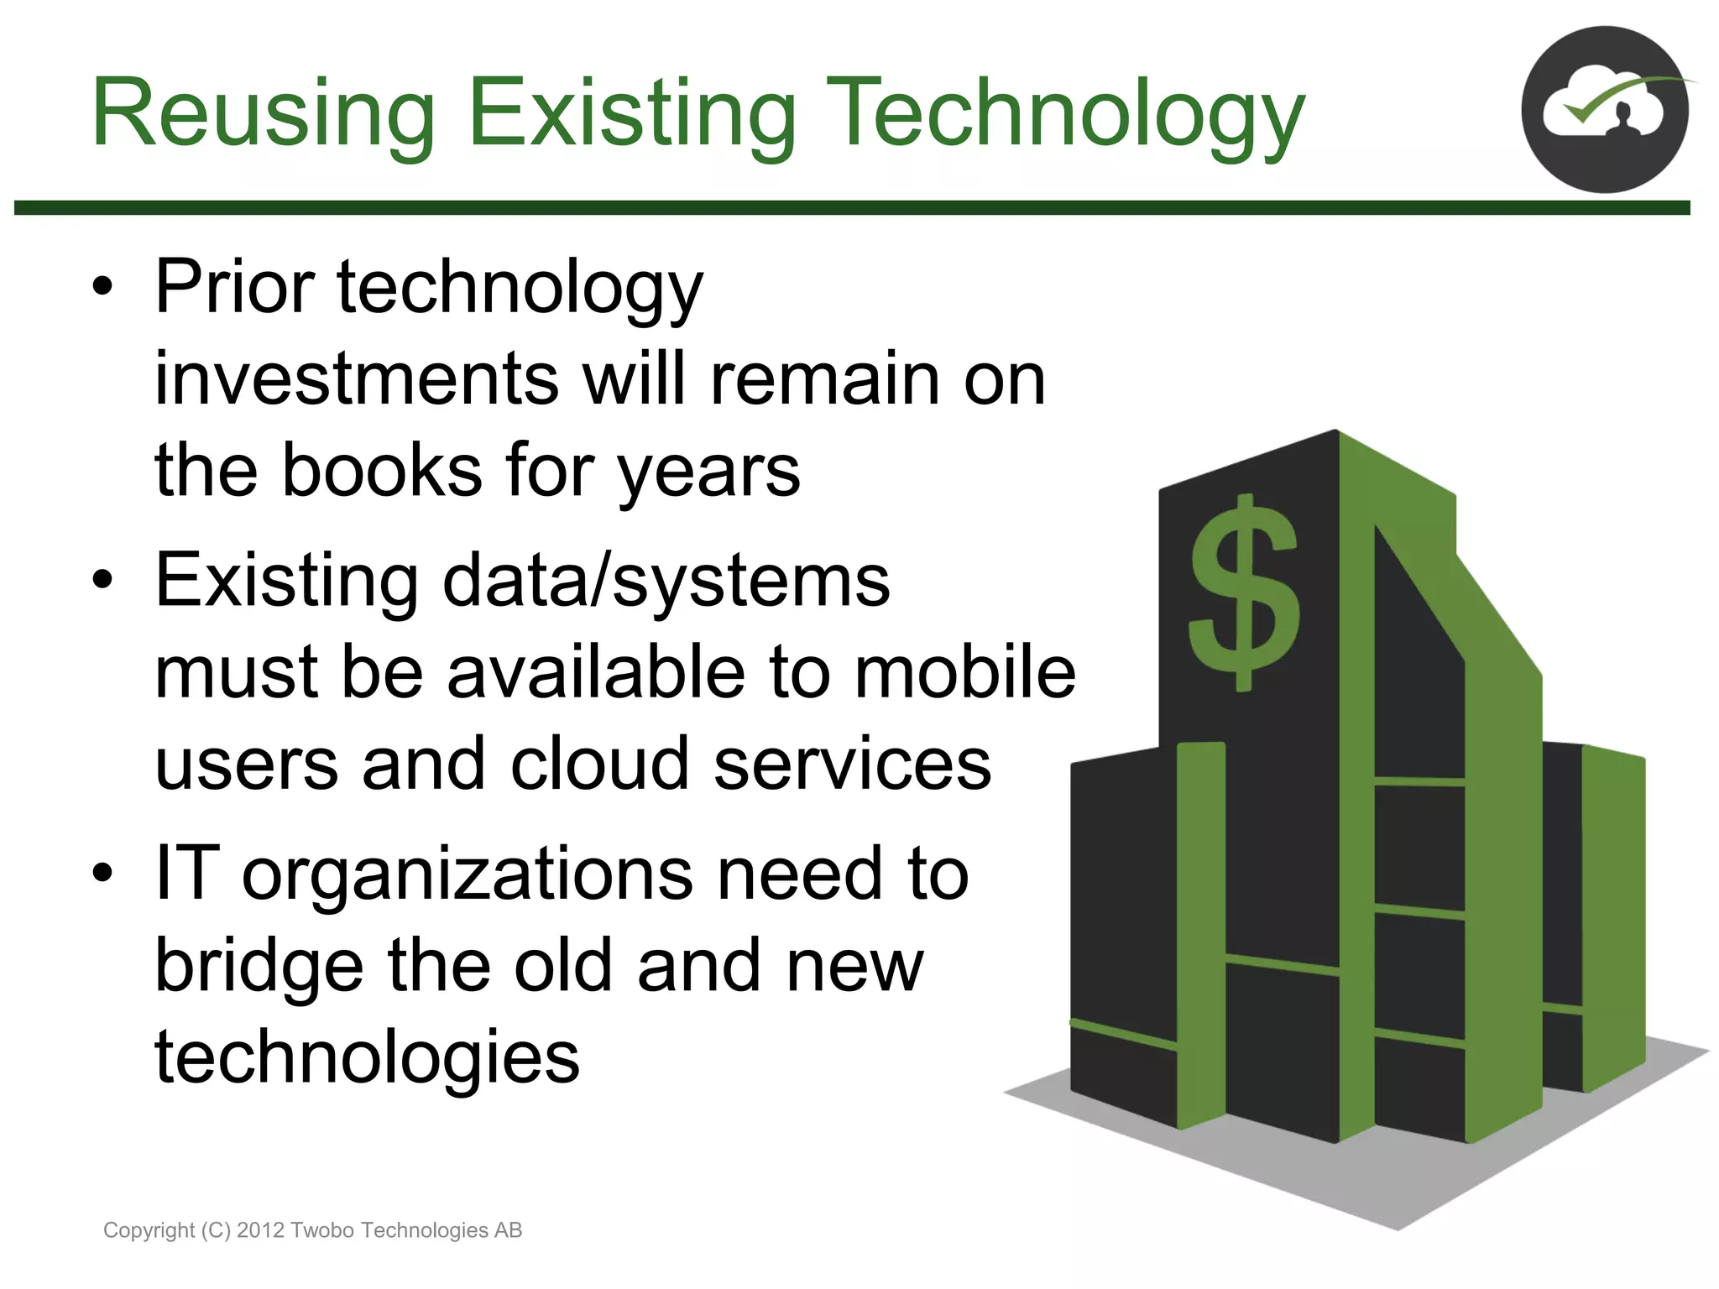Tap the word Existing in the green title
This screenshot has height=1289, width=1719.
[x=631, y=113]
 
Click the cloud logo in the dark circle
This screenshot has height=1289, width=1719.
[x=1604, y=110]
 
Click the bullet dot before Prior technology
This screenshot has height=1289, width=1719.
[x=102, y=287]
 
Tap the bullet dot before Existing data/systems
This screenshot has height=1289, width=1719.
[x=102, y=580]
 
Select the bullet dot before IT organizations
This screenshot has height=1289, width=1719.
[x=102, y=873]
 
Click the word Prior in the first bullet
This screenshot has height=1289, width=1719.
[x=234, y=287]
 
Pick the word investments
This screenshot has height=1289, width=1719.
[x=357, y=379]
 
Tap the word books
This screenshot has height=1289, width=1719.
[x=382, y=470]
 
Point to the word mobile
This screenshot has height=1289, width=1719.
[x=964, y=672]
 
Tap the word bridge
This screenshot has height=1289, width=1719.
[x=260, y=965]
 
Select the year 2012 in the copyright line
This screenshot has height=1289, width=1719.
[x=260, y=1230]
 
